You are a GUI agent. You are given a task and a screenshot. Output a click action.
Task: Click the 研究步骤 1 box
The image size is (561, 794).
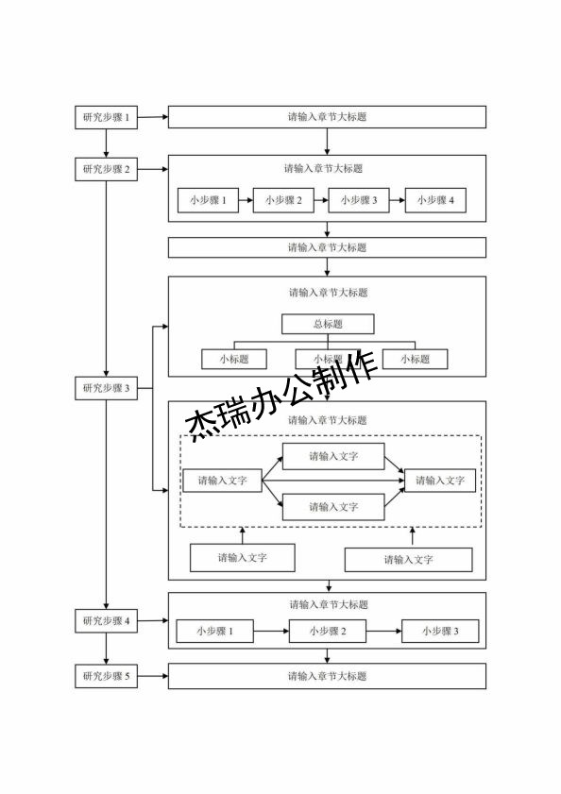coord(106,118)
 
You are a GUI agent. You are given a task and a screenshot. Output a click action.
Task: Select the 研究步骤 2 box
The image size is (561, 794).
coord(106,170)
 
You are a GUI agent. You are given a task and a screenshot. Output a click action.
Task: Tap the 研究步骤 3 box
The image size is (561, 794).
coord(106,388)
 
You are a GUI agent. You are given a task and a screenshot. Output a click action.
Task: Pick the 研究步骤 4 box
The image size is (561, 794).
coord(106,621)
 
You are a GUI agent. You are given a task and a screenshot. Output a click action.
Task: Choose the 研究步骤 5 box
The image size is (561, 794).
coord(106,676)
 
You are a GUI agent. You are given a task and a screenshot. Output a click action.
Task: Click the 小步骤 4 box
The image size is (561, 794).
coord(435,200)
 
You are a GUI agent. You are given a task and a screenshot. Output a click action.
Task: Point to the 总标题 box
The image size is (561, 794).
coord(328,324)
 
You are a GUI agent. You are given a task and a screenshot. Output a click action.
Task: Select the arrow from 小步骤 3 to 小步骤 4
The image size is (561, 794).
coord(398,200)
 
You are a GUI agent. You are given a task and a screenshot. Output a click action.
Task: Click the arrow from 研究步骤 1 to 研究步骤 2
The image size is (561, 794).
coord(106,144)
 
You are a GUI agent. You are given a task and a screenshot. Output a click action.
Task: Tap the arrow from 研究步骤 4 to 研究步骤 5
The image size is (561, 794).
coord(106,649)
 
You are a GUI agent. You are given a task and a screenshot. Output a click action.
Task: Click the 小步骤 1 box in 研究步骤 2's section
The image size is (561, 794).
coord(208,200)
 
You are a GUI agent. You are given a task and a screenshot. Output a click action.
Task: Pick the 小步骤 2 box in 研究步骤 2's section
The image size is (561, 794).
coord(283,200)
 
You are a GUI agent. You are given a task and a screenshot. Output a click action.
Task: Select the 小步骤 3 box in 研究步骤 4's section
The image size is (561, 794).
coord(440,631)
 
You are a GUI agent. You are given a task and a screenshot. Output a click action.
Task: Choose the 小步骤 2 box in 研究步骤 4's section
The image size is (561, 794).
coord(327,631)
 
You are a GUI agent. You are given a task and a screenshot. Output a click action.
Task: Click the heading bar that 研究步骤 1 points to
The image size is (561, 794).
coord(327,117)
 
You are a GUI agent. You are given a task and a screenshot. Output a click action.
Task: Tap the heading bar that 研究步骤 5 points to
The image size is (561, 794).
coord(327,676)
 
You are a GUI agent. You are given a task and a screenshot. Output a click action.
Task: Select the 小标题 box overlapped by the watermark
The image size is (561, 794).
coord(327,359)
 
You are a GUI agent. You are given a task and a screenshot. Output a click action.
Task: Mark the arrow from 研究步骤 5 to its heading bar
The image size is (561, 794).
coord(152,676)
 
